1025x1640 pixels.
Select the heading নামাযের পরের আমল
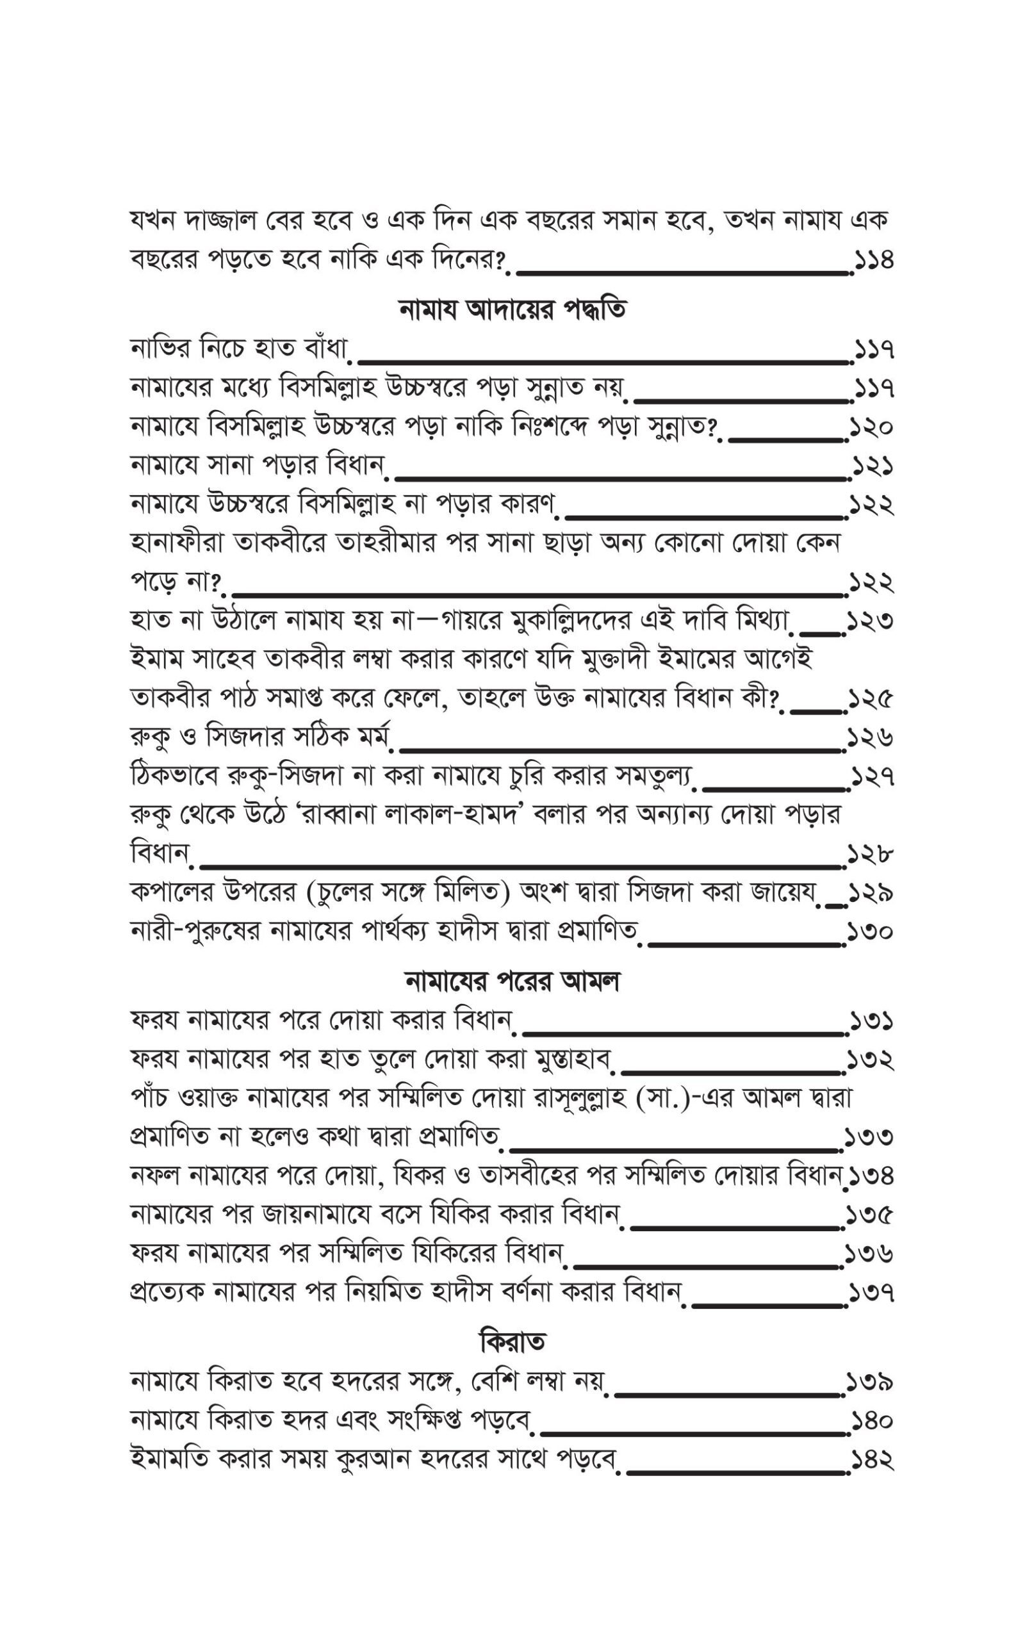point(512,982)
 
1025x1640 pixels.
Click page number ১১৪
point(873,259)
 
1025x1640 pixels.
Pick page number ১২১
point(873,467)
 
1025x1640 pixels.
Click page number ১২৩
point(873,621)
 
